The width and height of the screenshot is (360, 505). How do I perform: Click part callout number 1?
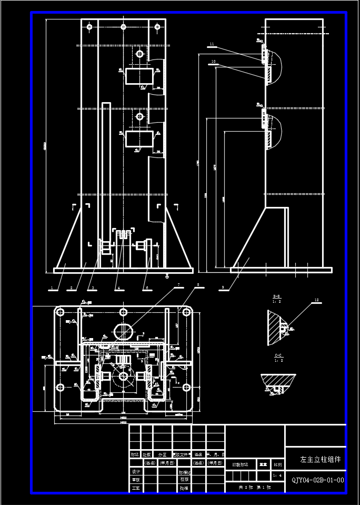point(52,289)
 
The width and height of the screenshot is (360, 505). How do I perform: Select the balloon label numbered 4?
point(118,289)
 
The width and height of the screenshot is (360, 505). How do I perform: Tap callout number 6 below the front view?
point(147,289)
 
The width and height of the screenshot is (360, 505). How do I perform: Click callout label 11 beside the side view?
point(212,44)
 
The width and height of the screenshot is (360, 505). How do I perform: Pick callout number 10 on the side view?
point(213,62)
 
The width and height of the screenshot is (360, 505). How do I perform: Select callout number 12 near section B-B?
point(316,300)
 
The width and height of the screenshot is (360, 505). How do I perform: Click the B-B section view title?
point(276,297)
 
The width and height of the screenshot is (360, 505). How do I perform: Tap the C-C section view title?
point(278,356)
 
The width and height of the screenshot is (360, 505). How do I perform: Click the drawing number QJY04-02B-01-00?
point(317,480)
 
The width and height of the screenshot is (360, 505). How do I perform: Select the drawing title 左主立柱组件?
point(320,459)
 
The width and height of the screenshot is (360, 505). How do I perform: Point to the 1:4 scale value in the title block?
point(278,476)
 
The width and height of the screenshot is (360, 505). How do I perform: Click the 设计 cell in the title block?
point(136,472)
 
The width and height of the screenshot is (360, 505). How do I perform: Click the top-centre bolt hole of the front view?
point(123,26)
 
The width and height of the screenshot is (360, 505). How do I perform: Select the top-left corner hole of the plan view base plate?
point(61,312)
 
